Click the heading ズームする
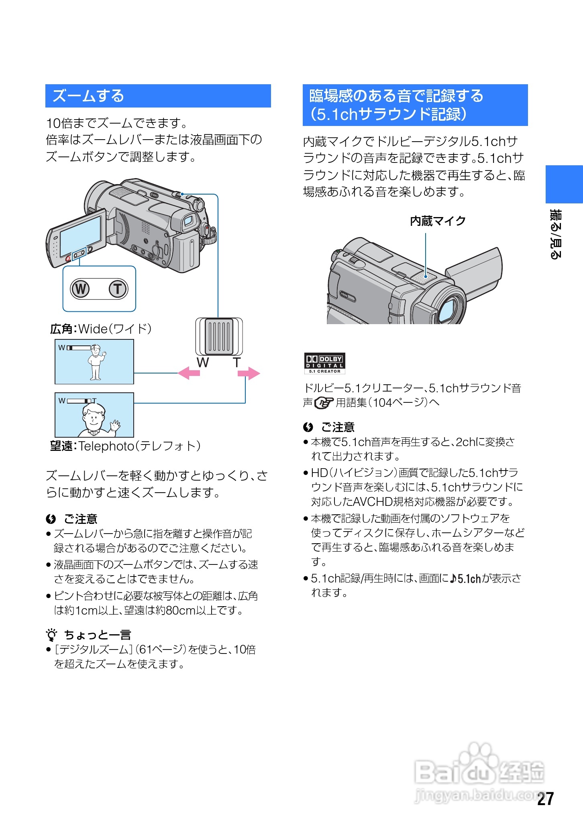pos(88,96)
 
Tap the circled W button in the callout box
pos(80,289)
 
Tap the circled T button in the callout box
pos(118,289)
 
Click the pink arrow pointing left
pos(189,373)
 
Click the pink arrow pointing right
pos(249,373)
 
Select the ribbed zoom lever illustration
pos(219,336)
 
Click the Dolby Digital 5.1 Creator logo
pos(324,363)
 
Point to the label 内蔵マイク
pos(438,221)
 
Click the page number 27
pos(546,799)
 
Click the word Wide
pos(93,329)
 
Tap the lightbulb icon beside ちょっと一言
pos(51,635)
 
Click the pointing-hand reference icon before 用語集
pos(324,402)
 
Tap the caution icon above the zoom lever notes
pos(51,519)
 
